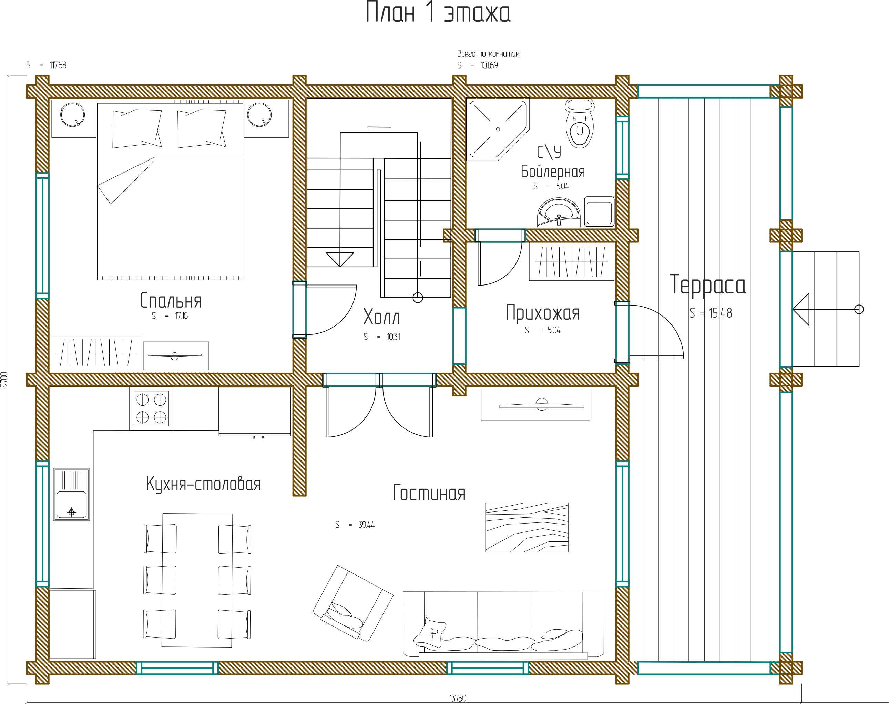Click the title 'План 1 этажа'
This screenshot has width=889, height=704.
click(438, 12)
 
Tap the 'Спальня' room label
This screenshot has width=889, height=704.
click(171, 300)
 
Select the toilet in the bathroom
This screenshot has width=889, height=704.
click(580, 123)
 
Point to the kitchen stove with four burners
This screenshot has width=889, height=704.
click(151, 408)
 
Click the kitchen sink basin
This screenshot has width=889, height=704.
click(71, 494)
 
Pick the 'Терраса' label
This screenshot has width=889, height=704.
click(707, 284)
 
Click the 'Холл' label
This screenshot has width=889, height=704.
click(381, 317)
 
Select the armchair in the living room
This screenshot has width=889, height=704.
click(353, 603)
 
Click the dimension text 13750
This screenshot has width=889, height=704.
click(458, 698)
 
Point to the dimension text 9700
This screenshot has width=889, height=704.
click(4, 379)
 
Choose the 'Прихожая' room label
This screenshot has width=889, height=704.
click(543, 313)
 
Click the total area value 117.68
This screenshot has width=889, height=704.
click(58, 65)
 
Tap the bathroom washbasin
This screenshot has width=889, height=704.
click(559, 212)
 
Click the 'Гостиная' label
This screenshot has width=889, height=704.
click(429, 493)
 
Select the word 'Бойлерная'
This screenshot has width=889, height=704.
click(553, 171)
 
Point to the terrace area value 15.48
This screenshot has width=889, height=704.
click(721, 313)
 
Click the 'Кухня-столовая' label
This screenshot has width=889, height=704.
click(203, 484)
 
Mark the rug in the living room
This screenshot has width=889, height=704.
click(527, 527)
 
